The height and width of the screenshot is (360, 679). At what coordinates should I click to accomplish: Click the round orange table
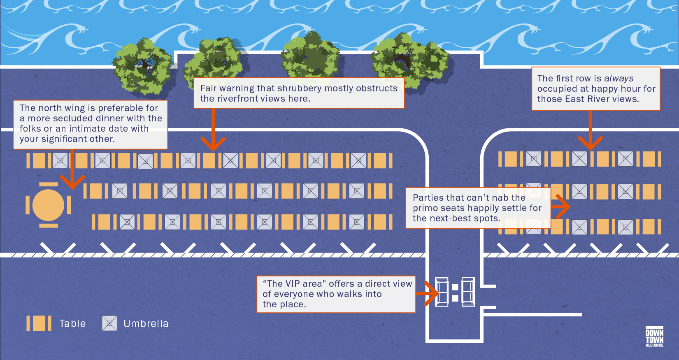point(48,205)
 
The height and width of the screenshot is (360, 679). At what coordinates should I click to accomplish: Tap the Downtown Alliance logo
point(654,337)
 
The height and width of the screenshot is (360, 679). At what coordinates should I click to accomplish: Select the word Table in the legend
point(72,324)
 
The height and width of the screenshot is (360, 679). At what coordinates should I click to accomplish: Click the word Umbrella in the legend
point(146,324)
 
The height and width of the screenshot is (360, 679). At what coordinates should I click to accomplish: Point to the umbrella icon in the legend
point(109,323)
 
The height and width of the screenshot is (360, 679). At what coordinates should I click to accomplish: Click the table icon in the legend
point(39,323)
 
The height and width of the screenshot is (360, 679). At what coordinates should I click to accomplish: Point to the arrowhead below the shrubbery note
point(213,144)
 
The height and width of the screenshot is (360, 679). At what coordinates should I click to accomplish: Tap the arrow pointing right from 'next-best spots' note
point(561,207)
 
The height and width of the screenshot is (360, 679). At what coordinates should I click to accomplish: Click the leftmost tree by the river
point(142,66)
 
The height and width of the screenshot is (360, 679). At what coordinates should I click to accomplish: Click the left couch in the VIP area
point(442,292)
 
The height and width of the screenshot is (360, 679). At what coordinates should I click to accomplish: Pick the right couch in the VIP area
point(468,292)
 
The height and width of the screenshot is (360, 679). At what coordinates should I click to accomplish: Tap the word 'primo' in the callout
point(426,208)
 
